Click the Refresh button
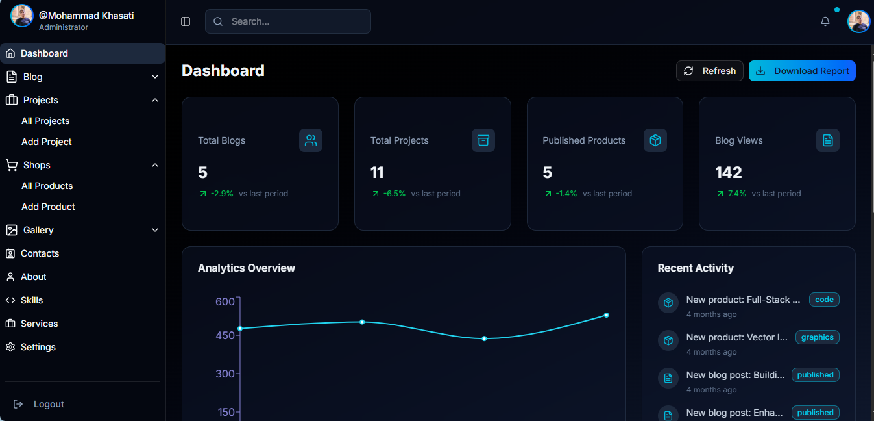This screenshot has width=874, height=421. pyautogui.click(x=709, y=71)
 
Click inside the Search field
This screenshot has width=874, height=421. pyautogui.click(x=288, y=21)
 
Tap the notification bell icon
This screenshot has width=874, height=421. pyautogui.click(x=825, y=21)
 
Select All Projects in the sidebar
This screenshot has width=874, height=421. pyautogui.click(x=45, y=121)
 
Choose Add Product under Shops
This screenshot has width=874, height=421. pyautogui.click(x=48, y=207)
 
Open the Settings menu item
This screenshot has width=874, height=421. pyautogui.click(x=38, y=347)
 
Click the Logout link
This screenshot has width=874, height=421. pyautogui.click(x=49, y=404)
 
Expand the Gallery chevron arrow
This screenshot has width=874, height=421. pyautogui.click(x=155, y=230)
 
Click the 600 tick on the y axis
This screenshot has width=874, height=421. pyautogui.click(x=225, y=301)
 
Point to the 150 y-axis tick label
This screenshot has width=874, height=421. pyautogui.click(x=225, y=412)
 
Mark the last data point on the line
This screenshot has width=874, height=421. pyautogui.click(x=607, y=315)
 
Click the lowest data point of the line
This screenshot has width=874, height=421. pyautogui.click(x=484, y=338)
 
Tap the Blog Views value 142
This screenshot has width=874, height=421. pyautogui.click(x=728, y=172)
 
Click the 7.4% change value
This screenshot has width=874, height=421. pyautogui.click(x=737, y=194)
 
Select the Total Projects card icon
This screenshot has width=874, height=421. pyautogui.click(x=483, y=140)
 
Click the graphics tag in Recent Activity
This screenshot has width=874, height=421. pyautogui.click(x=817, y=337)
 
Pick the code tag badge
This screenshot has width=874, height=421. pyautogui.click(x=824, y=300)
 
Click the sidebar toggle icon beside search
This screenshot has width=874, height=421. pyautogui.click(x=186, y=21)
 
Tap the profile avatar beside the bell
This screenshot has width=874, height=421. pyautogui.click(x=858, y=21)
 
